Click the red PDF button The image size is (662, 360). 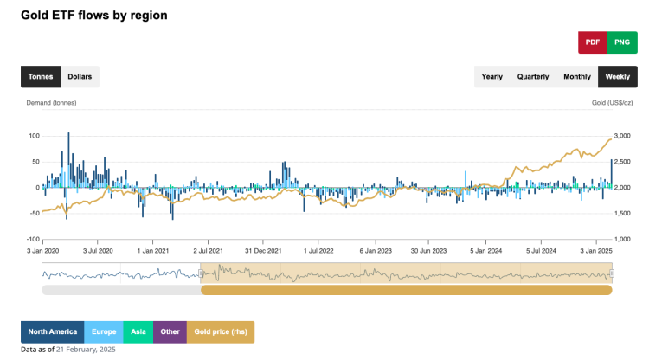coord(593,42)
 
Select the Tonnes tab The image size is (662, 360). coord(41,76)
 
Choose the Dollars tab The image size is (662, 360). coord(80,76)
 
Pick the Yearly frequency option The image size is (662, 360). coord(492,76)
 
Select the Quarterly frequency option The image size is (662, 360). coord(533,76)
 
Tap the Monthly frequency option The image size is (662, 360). coord(577,76)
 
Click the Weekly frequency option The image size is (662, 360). coord(617,76)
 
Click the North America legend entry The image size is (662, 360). coord(52,331)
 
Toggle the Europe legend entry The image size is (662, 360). coord(103,331)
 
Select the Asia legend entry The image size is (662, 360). coord(137,331)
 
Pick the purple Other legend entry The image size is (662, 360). coord(170,331)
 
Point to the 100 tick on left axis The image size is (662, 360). coord(35,136)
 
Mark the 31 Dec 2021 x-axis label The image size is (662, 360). coord(263,250)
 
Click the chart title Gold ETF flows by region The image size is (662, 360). coord(94,15)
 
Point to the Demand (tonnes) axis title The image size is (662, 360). coord(52,103)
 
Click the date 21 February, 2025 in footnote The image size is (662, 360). coord(86,350)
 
